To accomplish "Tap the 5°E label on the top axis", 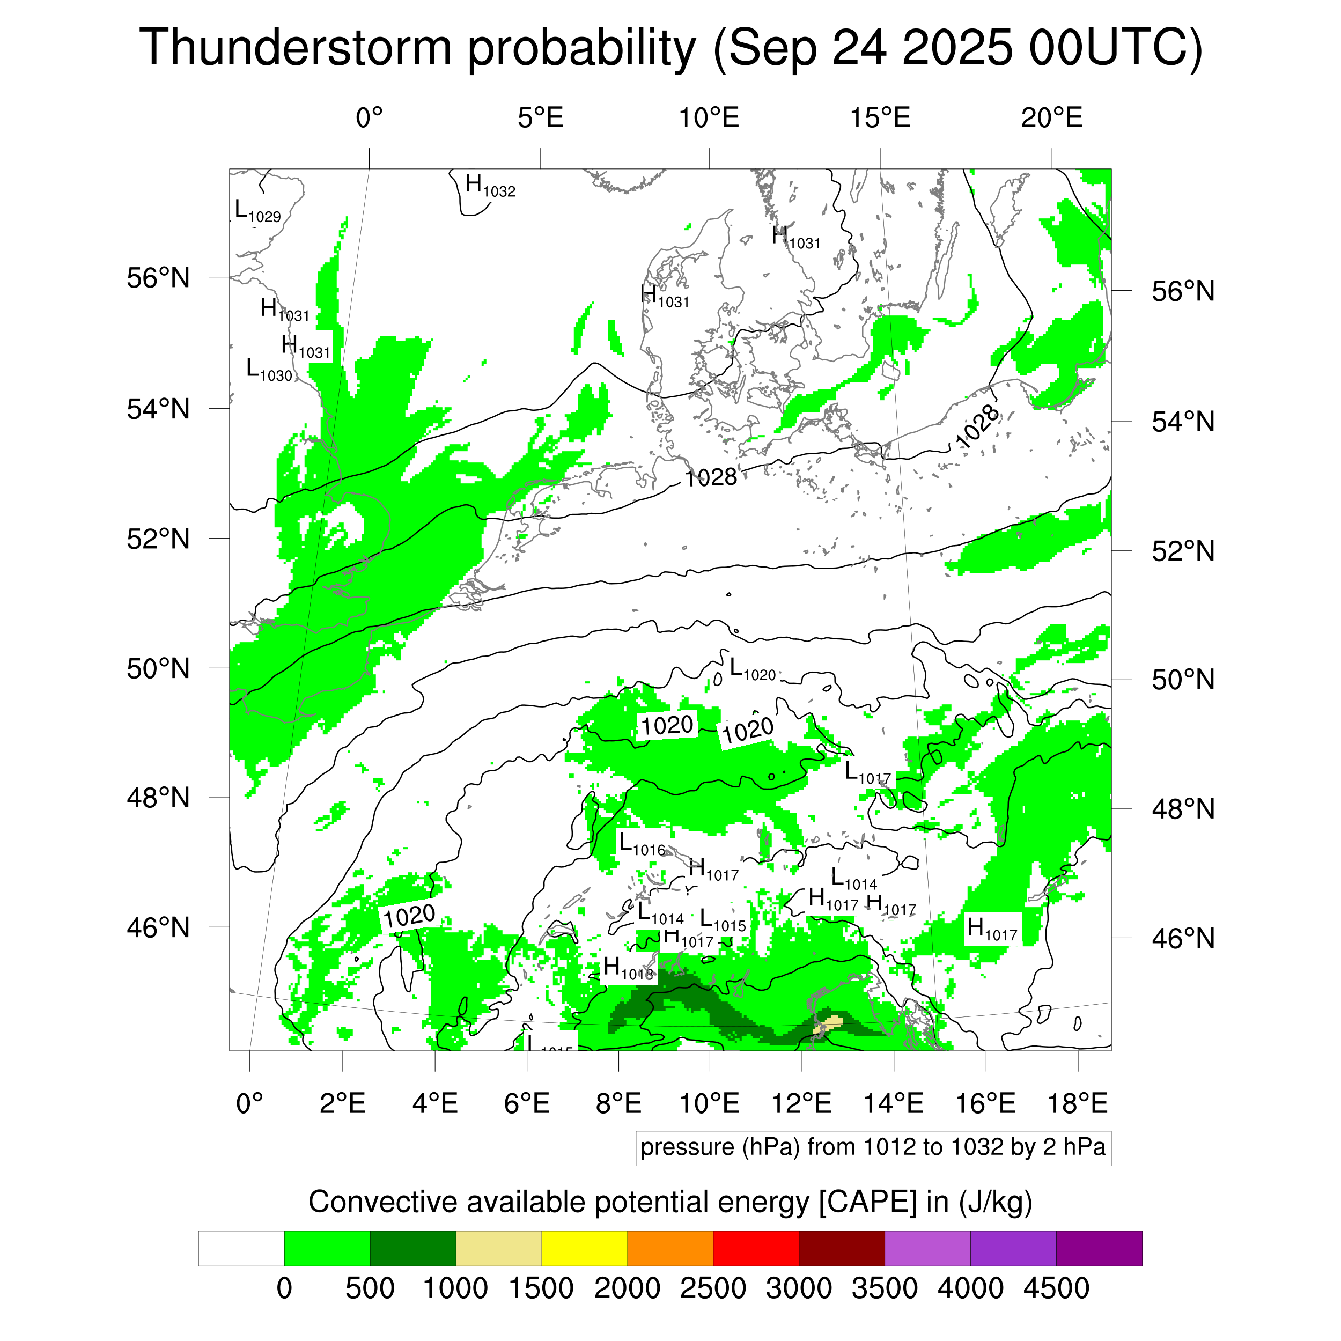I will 540,118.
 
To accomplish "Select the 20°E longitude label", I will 1051,118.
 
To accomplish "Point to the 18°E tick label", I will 1077,1103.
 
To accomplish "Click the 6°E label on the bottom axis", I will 527,1103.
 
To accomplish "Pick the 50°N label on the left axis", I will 158,668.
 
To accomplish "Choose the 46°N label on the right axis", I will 1183,938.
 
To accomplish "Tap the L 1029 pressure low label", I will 257,211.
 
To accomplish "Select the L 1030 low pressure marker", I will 269,370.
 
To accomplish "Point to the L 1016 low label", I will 642,845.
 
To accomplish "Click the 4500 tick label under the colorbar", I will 1056,1289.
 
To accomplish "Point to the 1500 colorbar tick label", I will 541,1289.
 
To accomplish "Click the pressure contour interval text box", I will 873,1147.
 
